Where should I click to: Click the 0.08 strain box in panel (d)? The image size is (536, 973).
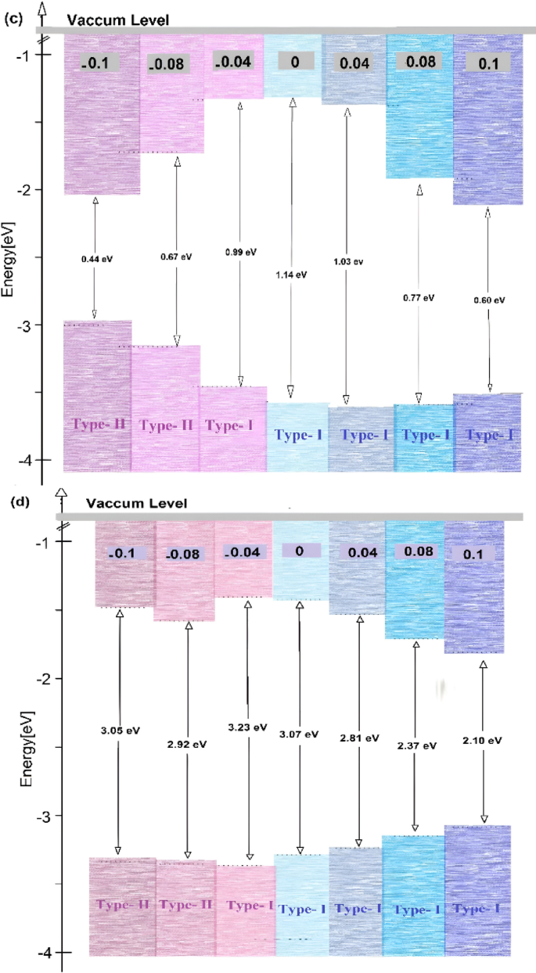(416, 551)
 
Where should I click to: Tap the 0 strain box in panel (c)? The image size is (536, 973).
(294, 62)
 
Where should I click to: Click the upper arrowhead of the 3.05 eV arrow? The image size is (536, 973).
(119, 614)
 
